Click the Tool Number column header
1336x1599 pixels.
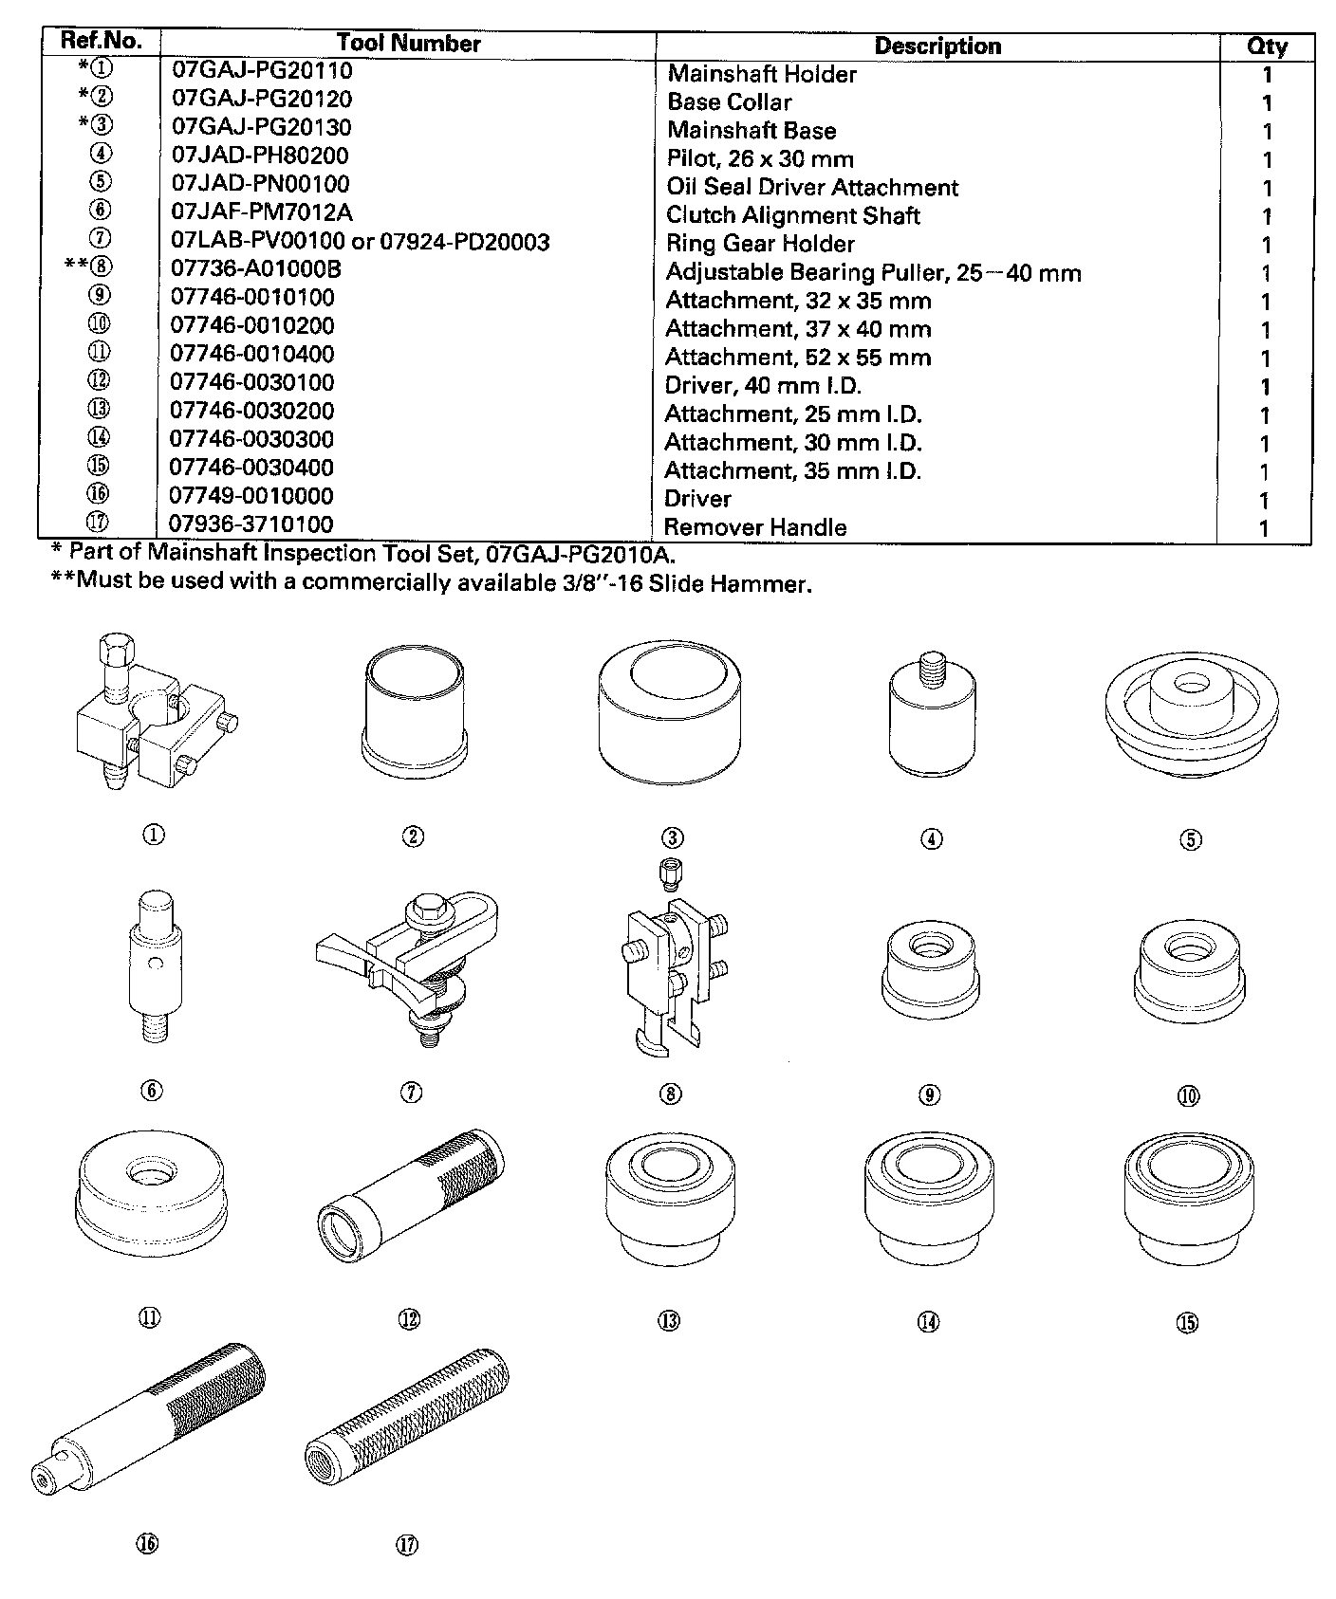coord(408,44)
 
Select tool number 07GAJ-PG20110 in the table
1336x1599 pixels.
coord(262,71)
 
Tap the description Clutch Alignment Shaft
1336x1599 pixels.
coord(792,215)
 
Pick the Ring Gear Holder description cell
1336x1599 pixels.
coord(760,244)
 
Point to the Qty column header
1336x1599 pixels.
coord(1266,46)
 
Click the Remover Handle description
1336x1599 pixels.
coord(754,527)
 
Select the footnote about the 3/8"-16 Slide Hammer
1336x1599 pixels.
coord(431,582)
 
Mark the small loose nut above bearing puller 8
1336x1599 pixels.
coord(672,873)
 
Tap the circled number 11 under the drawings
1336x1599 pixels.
coord(150,1317)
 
